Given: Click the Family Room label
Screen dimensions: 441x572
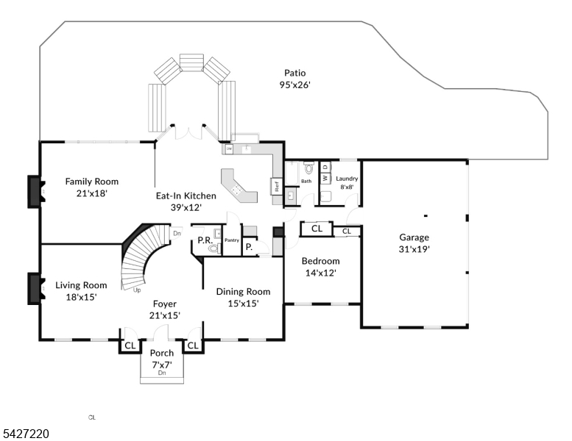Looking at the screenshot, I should [91, 182].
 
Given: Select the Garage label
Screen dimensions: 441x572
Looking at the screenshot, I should [414, 237].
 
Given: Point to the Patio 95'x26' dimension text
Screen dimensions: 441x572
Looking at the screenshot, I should [294, 85].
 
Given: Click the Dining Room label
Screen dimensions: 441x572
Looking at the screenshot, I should [243, 292].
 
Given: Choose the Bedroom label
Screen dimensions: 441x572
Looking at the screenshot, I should [321, 261].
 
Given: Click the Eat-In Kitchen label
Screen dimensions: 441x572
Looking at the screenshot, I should [186, 196].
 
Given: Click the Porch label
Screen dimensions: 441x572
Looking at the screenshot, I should [162, 354].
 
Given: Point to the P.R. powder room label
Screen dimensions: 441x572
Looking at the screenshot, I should [205, 240].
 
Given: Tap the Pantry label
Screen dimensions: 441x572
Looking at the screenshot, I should [232, 240].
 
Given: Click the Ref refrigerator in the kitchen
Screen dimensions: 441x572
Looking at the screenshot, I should [278, 186].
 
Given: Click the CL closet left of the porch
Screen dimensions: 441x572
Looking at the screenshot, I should [130, 345].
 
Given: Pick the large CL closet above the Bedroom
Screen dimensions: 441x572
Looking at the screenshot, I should [317, 229].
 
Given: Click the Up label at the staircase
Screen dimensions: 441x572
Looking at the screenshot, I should [137, 290].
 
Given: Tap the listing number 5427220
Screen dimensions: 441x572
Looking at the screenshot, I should [25, 434].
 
